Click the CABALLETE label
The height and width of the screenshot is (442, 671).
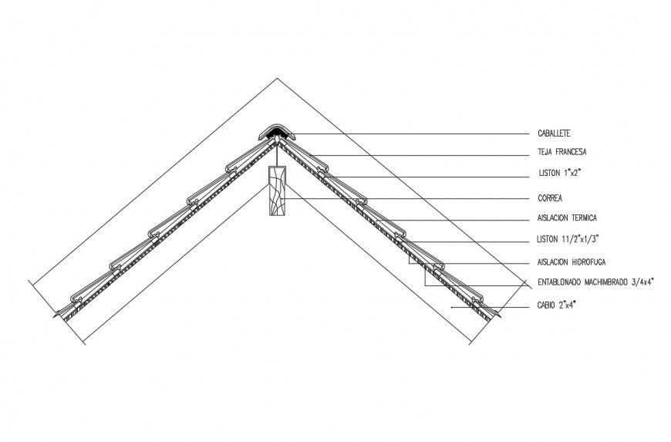coord(555,133)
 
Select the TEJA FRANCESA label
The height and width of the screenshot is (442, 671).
coord(562,152)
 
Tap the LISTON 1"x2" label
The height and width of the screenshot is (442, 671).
coord(559,174)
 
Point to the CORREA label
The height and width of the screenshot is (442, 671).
coord(550,197)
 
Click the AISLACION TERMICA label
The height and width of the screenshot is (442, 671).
coord(567,218)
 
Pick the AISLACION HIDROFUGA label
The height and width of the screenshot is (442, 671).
coord(569,261)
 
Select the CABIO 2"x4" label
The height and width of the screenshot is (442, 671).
coord(557,305)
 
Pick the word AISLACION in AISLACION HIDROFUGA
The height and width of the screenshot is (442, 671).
coord(551,261)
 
